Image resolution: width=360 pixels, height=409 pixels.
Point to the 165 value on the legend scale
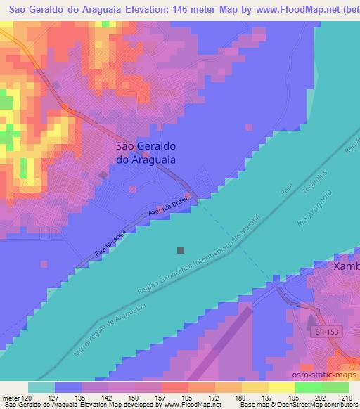187,397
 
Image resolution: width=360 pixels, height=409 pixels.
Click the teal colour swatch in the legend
41,387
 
